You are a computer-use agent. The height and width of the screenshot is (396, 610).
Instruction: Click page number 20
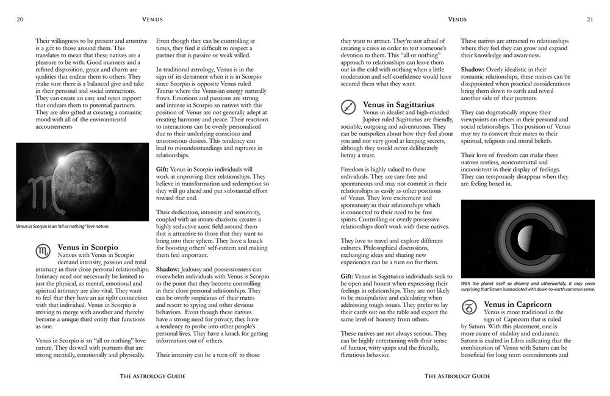[20, 20]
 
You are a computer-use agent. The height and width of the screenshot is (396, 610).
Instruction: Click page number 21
[589, 20]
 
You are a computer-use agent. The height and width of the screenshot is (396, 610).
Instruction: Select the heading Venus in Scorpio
[88, 247]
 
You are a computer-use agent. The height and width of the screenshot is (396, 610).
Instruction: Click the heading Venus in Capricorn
[517, 304]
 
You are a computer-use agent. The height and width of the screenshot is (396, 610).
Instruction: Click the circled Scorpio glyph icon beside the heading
[44, 250]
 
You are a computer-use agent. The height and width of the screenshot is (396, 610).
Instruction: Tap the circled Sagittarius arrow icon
[348, 108]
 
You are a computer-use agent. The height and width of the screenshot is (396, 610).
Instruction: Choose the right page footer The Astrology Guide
[457, 376]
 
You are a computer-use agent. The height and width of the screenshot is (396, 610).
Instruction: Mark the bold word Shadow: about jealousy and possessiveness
[167, 268]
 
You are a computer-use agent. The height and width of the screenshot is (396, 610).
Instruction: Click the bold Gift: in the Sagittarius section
[346, 276]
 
